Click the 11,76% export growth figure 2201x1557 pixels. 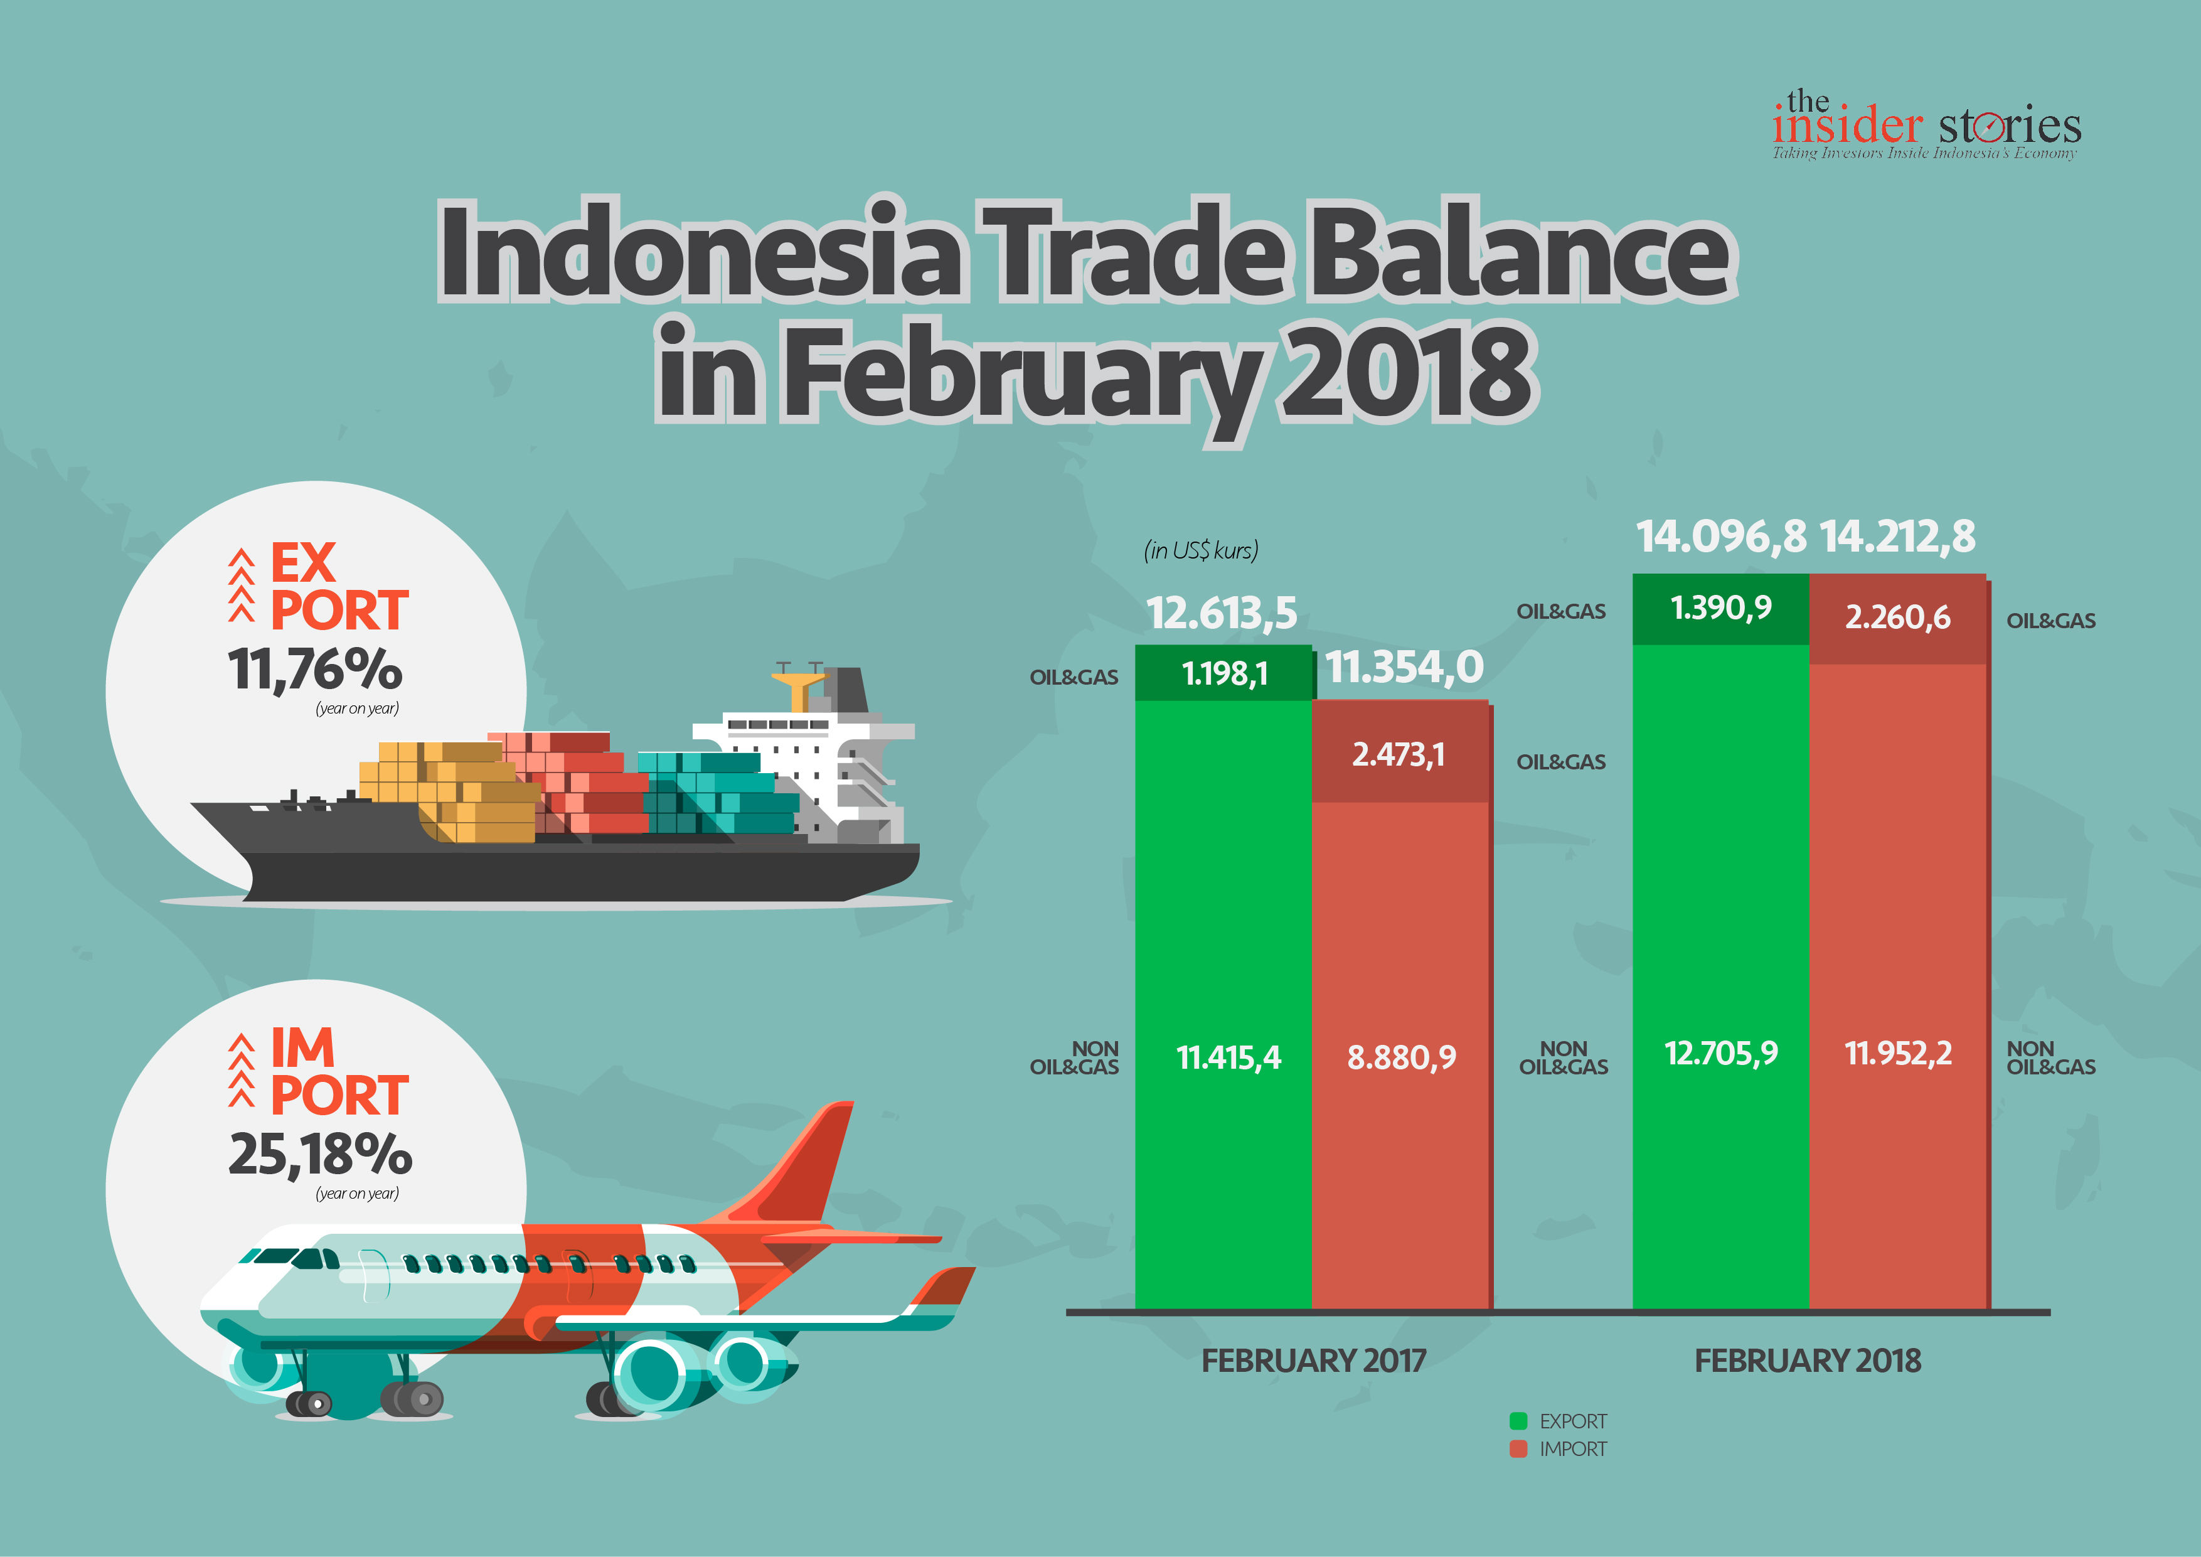[314, 668]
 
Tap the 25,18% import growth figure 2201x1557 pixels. [320, 1153]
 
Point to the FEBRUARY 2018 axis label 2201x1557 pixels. [1808, 1361]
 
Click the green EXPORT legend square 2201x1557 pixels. [1518, 1421]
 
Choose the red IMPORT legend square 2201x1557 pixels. [1518, 1448]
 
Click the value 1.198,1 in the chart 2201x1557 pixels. [1225, 674]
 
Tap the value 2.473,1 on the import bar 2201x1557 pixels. [1399, 756]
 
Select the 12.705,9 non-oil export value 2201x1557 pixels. [1721, 1052]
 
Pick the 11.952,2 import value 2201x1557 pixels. [1898, 1052]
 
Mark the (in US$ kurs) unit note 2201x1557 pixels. [1201, 550]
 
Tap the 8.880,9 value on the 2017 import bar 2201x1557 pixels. [1402, 1057]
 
